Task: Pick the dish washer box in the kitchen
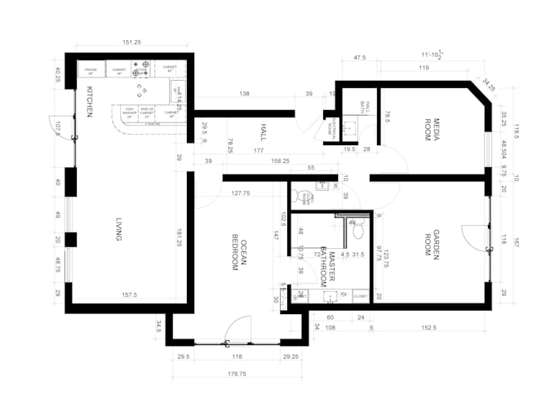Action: pos(129,113)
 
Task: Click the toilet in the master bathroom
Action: pos(356,229)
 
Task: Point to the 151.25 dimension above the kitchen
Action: pos(134,42)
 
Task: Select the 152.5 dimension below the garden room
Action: pos(429,329)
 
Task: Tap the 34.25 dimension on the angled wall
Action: pos(488,82)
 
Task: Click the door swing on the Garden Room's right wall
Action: pos(477,238)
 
